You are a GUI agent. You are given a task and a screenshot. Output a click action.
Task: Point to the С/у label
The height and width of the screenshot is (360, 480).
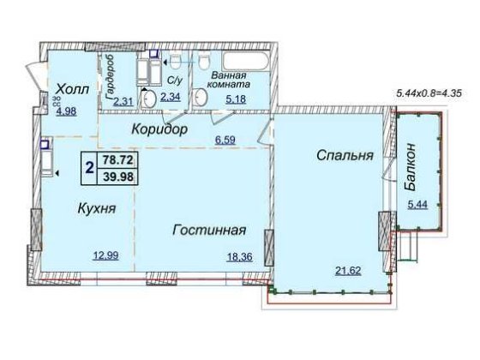pyautogui.click(x=174, y=81)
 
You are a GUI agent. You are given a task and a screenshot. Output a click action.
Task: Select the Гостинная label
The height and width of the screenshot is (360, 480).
pyautogui.click(x=209, y=230)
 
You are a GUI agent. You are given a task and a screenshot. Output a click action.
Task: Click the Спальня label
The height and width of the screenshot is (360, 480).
pyautogui.click(x=343, y=156)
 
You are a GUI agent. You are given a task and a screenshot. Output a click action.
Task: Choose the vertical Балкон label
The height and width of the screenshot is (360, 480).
pyautogui.click(x=414, y=170)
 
